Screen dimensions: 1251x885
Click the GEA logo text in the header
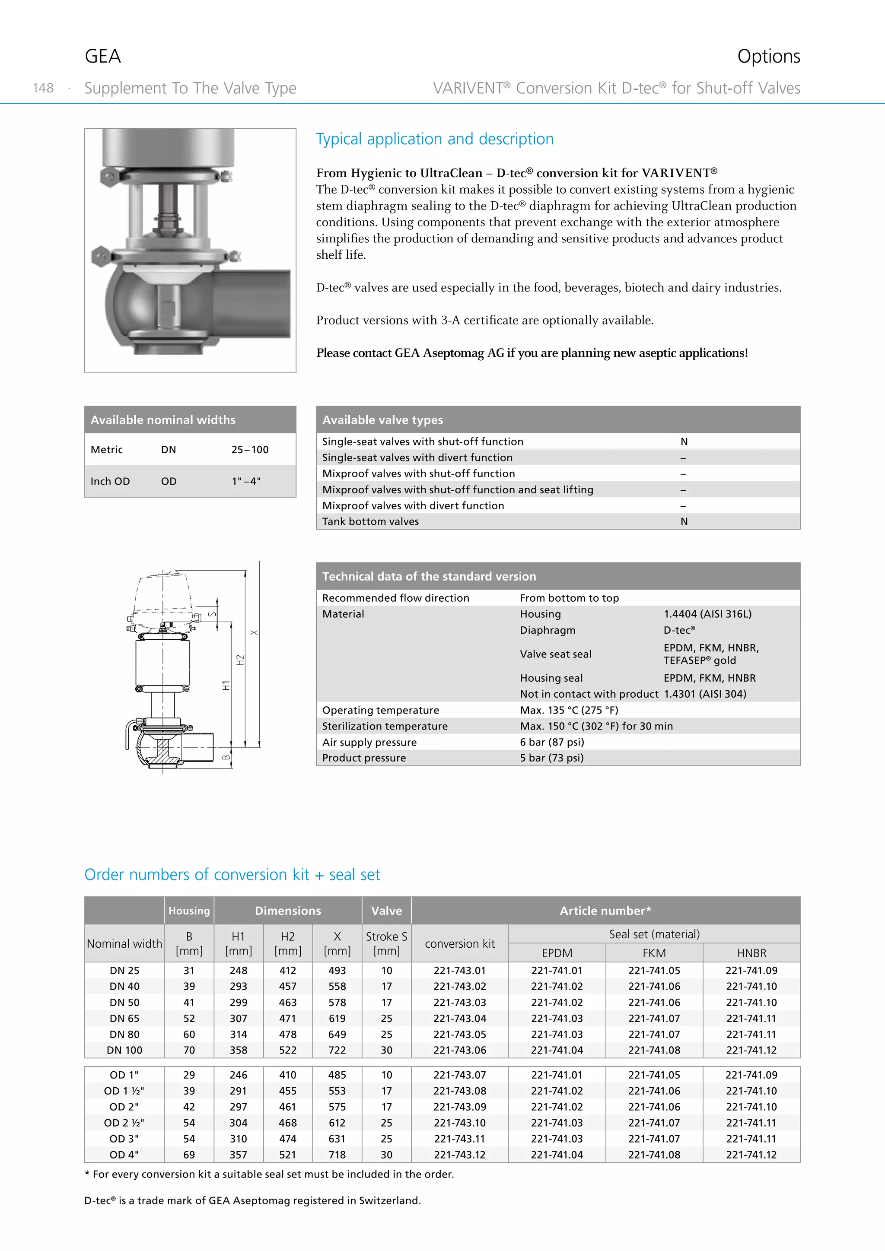click(x=102, y=56)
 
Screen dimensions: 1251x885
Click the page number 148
click(x=43, y=88)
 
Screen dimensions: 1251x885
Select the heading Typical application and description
click(x=434, y=139)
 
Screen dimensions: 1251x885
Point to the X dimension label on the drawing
click(x=254, y=632)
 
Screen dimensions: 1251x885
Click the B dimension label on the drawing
click(x=226, y=757)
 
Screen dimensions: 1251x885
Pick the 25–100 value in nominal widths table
click(x=250, y=450)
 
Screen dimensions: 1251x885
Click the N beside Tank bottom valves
click(x=684, y=521)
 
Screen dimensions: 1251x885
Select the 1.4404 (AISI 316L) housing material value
click(x=707, y=614)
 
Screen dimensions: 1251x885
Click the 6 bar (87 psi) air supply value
click(x=551, y=742)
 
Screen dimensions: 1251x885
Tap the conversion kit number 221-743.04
click(x=459, y=1018)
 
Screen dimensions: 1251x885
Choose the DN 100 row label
click(x=124, y=1050)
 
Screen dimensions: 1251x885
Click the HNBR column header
click(x=751, y=953)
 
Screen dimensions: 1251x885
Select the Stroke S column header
click(x=386, y=943)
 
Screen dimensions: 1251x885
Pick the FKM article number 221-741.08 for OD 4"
click(x=654, y=1155)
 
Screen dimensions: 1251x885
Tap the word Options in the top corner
click(x=768, y=56)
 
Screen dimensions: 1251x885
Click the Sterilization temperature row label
click(x=385, y=726)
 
